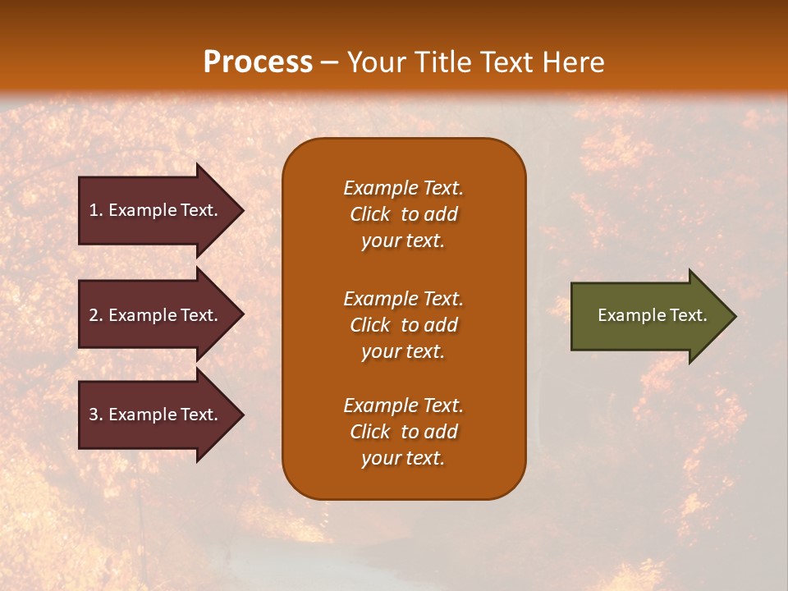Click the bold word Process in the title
tap(258, 62)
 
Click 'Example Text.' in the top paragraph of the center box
tap(403, 188)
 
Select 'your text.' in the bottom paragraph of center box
tap(403, 458)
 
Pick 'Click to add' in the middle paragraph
tap(403, 325)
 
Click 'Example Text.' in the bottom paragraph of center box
tap(403, 405)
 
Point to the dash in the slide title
tap(329, 62)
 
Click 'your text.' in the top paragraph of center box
tap(403, 241)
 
